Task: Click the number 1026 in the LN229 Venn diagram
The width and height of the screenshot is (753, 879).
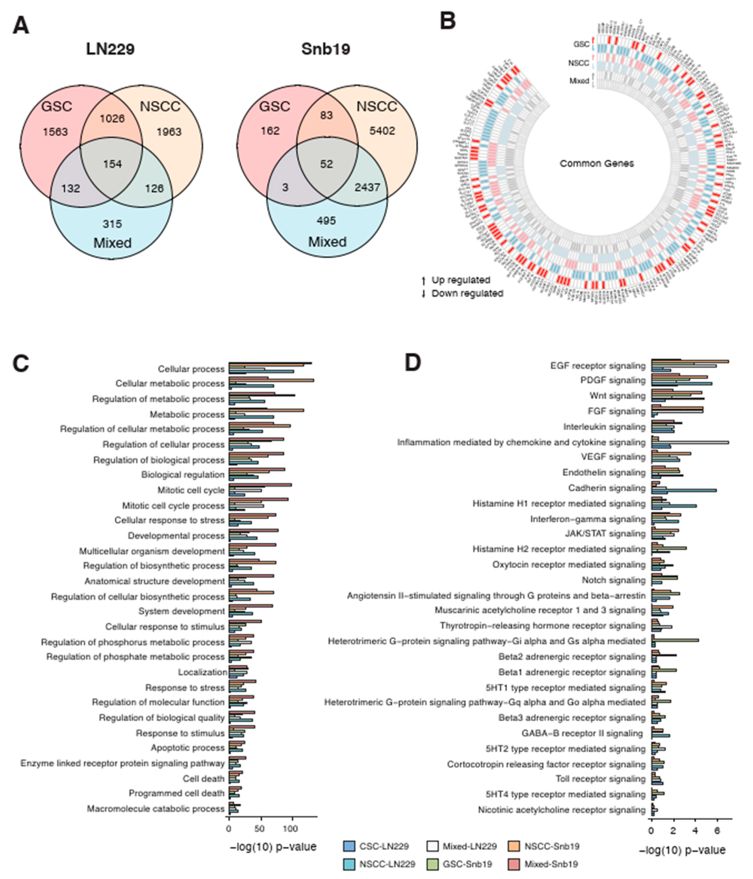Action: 112,118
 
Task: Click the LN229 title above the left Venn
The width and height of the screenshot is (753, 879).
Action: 110,49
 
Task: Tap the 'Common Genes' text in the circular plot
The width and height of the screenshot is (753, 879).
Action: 596,163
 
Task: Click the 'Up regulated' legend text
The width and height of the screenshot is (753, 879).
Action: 460,280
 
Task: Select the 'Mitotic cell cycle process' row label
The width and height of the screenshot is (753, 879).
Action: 173,506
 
